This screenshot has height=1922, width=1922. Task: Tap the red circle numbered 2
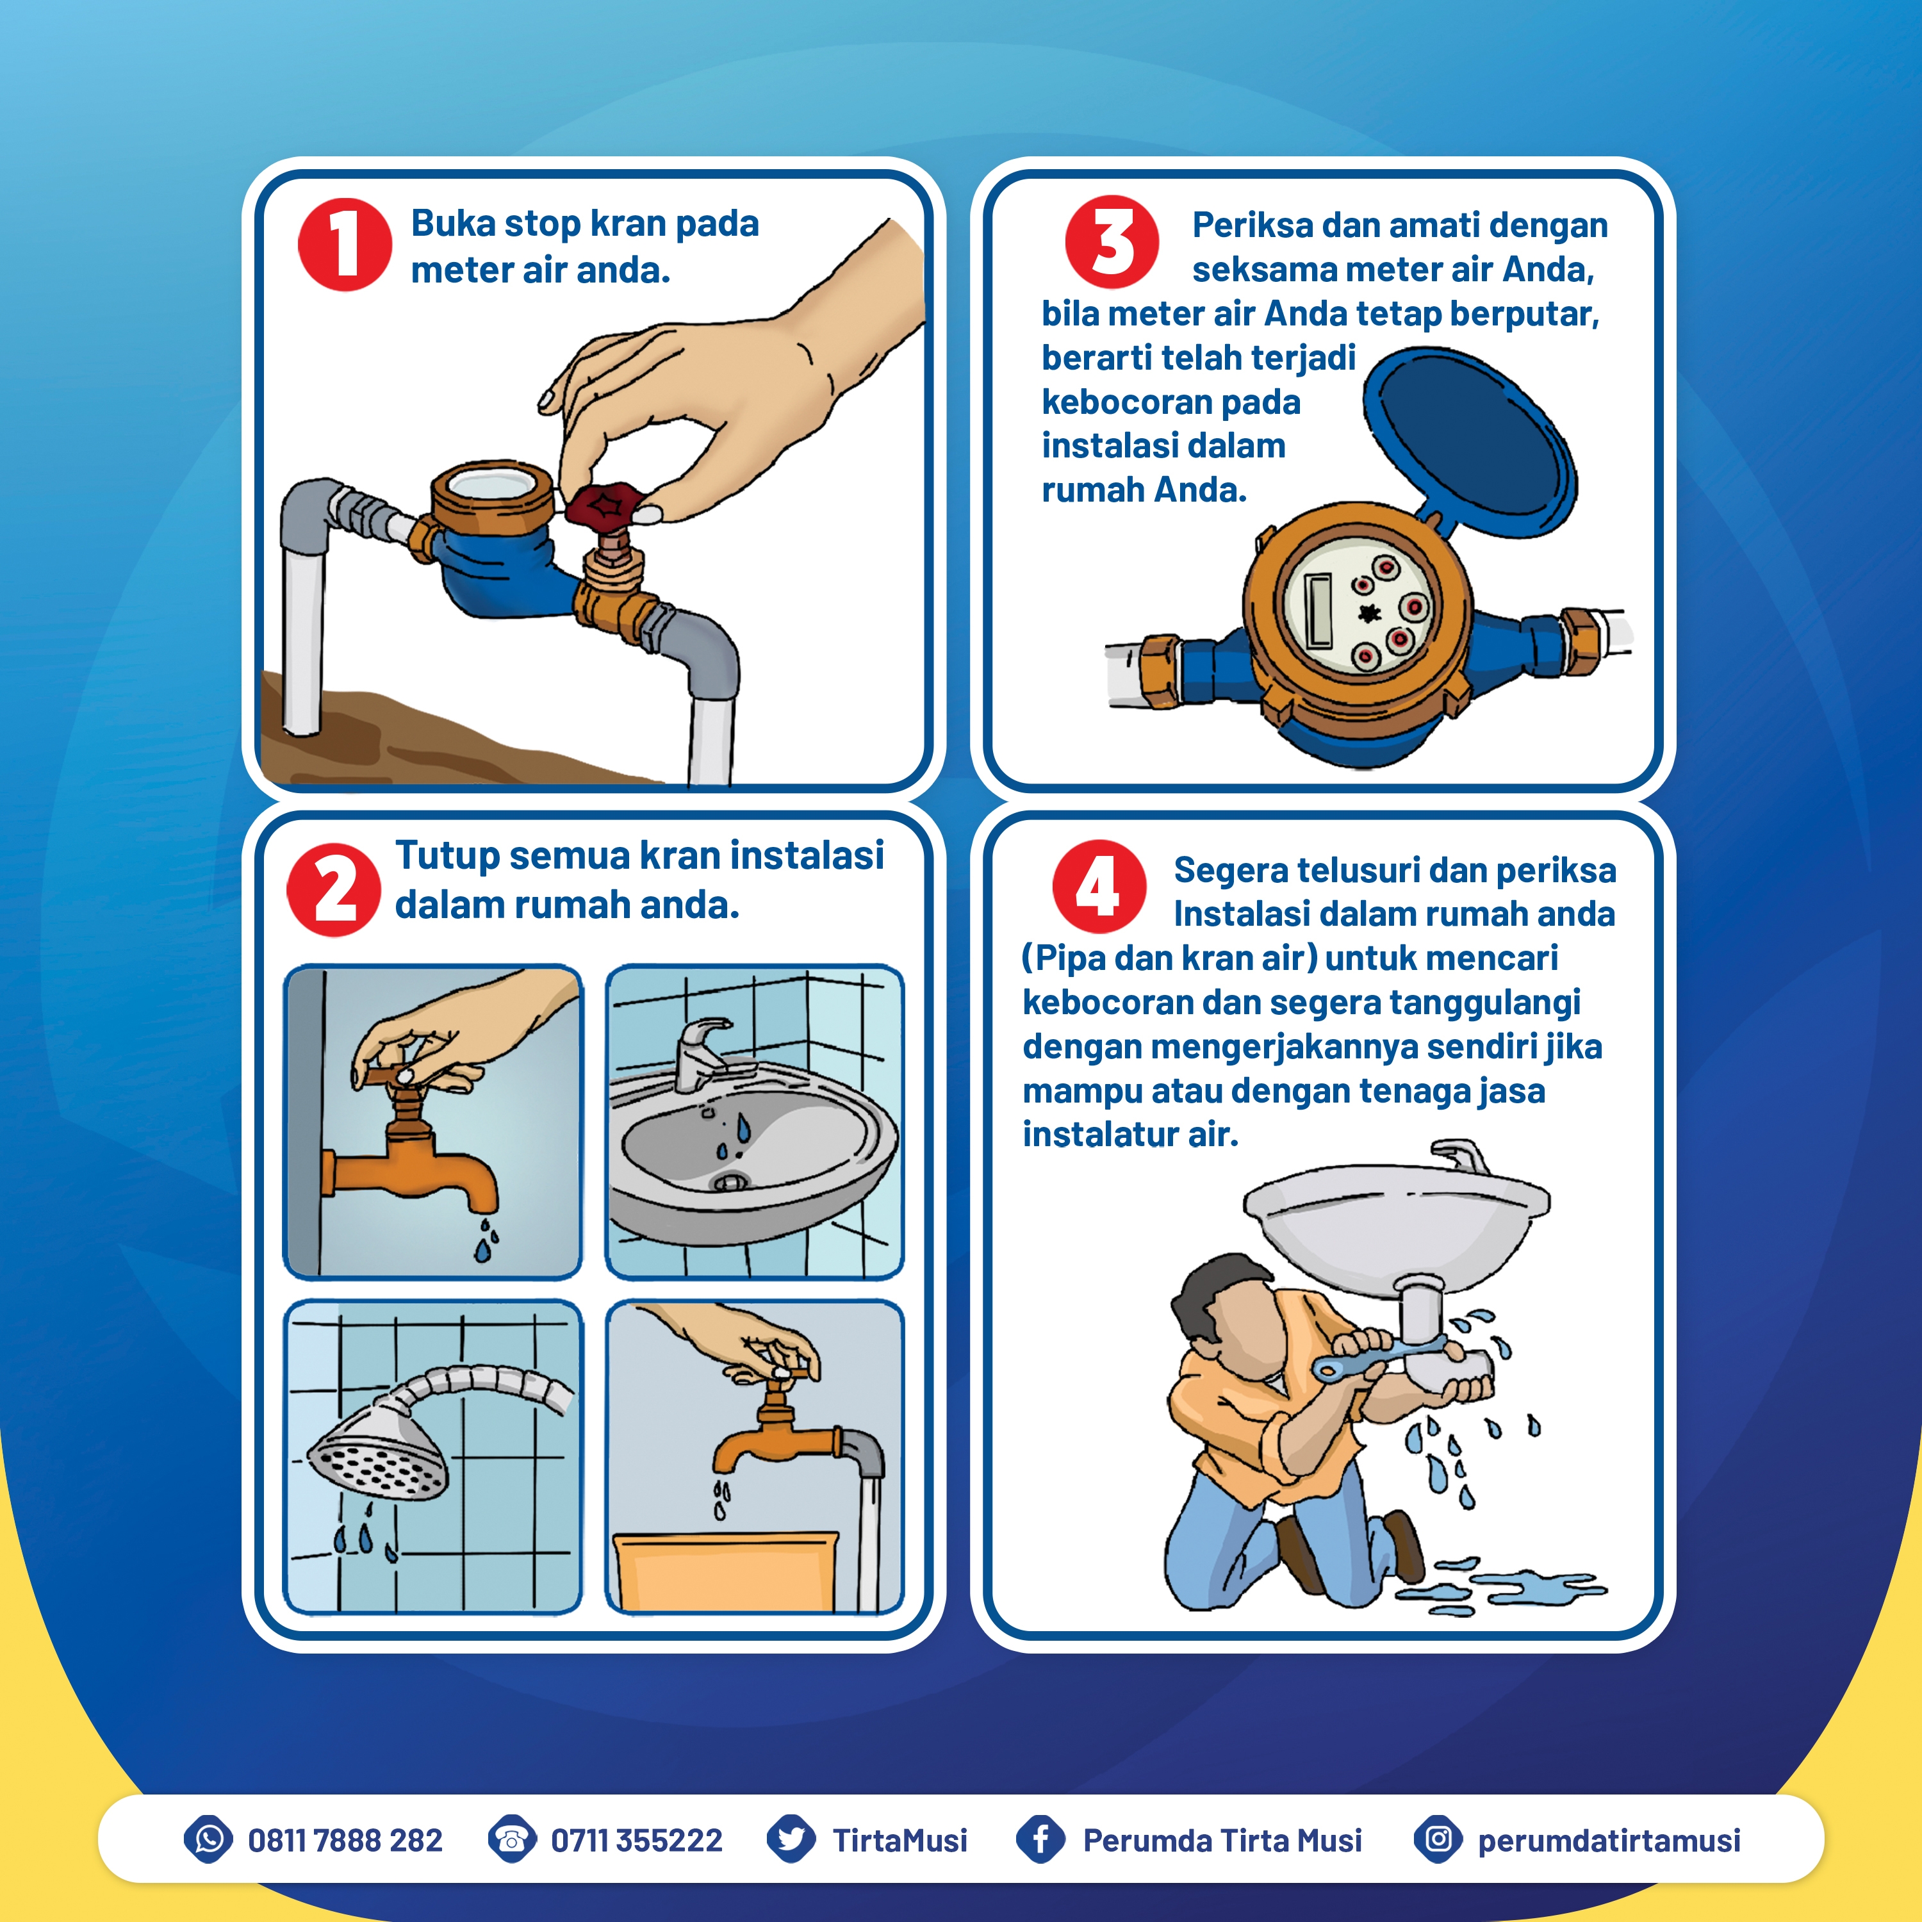(333, 889)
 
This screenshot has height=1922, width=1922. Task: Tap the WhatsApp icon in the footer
(209, 1839)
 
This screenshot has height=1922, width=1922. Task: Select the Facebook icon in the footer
(1040, 1839)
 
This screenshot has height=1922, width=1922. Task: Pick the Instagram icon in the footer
(1438, 1839)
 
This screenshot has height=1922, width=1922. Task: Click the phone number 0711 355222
(637, 1841)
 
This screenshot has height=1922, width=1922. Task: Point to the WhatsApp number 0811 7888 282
(345, 1841)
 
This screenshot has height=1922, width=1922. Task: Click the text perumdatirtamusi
(1609, 1841)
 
